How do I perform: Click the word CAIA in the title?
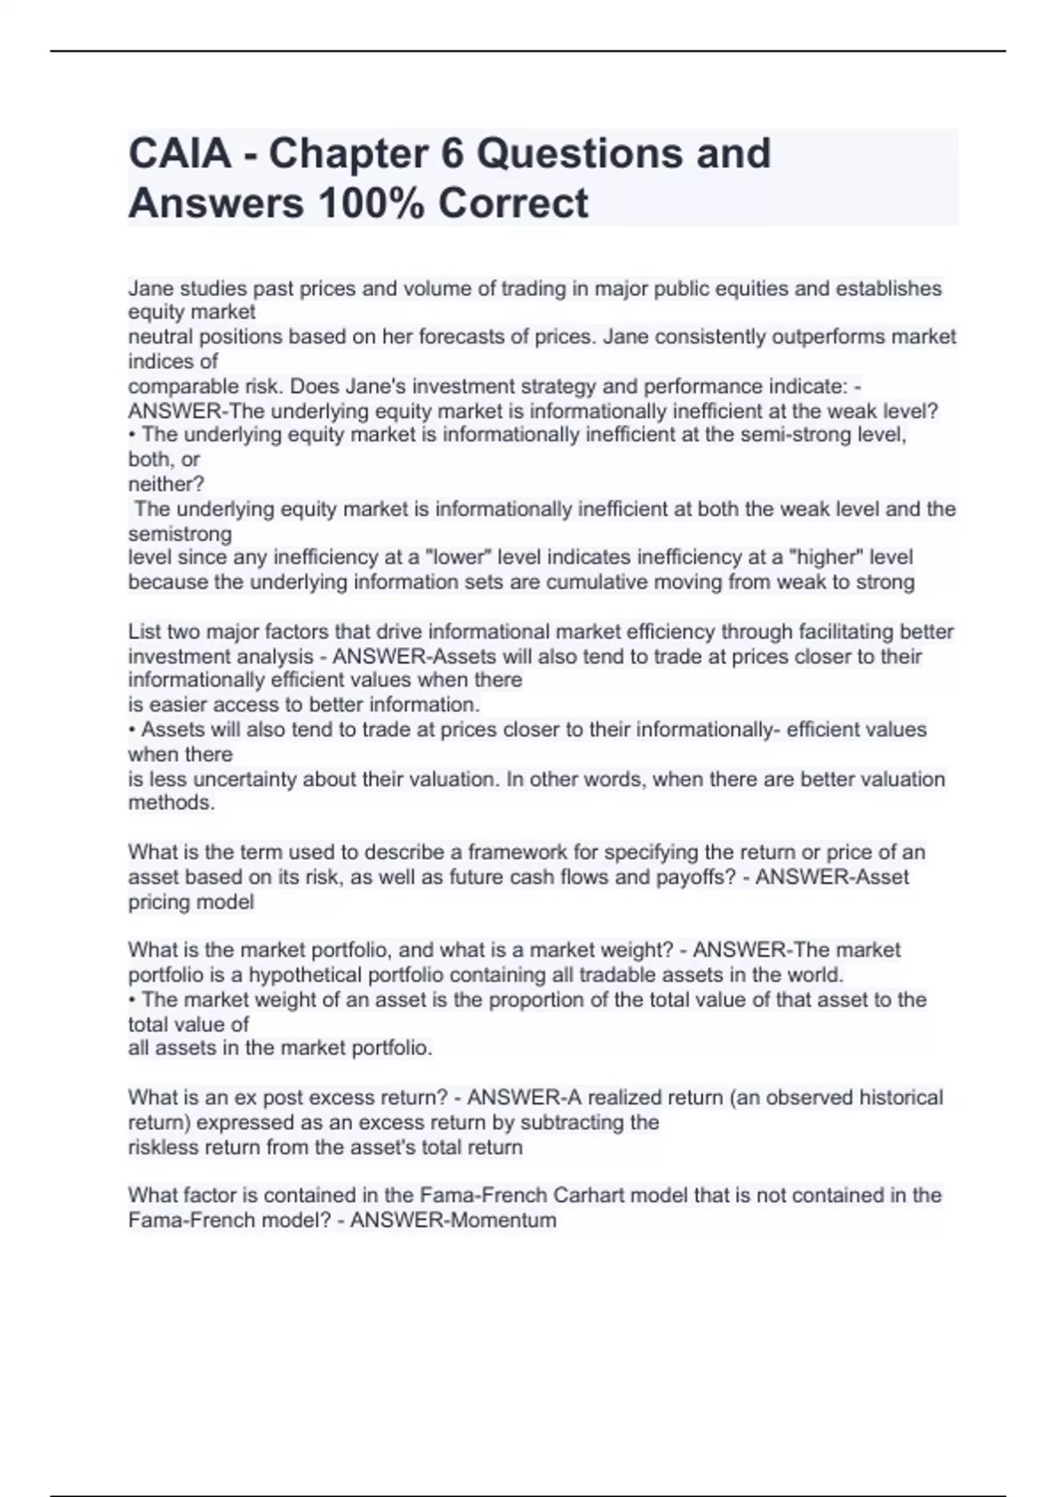(x=181, y=153)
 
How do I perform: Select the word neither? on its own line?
(x=166, y=483)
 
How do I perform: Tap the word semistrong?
(x=181, y=534)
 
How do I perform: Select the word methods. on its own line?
(x=172, y=803)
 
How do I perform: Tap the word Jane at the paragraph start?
(x=150, y=289)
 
